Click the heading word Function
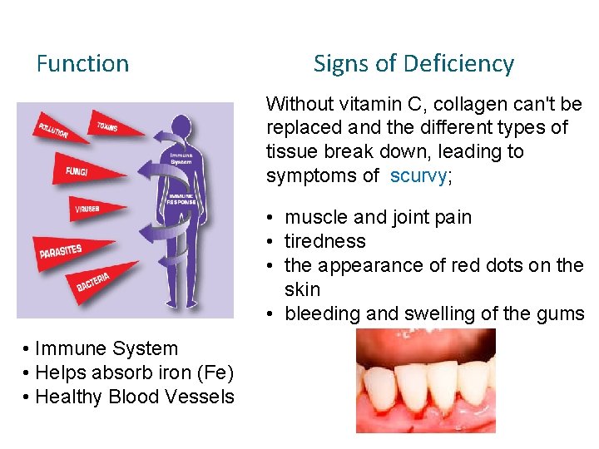tap(82, 64)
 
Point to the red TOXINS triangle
tap(106, 125)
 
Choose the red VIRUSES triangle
tap(83, 209)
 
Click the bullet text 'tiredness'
tap(325, 241)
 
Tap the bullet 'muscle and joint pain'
tap(378, 218)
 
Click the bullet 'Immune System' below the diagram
tap(106, 349)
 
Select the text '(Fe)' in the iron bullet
tap(215, 373)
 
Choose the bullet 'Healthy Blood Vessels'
tap(135, 397)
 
